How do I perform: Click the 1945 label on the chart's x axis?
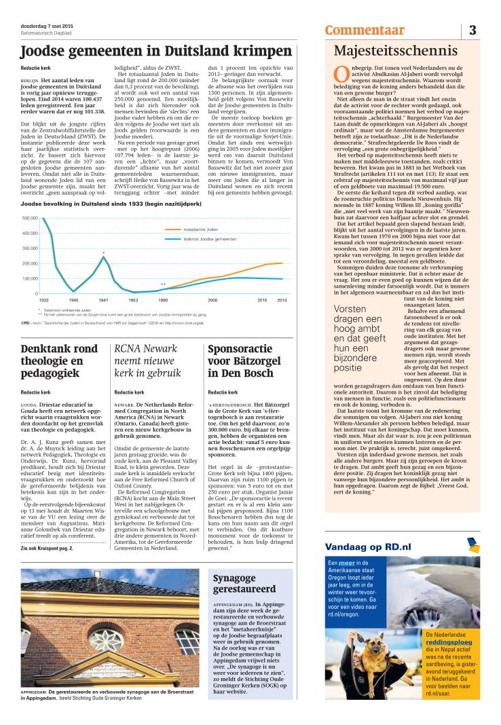pos(73,299)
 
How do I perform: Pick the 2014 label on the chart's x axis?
pos(282,299)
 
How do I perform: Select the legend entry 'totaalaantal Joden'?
pos(202,231)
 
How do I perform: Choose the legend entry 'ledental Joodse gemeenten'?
pos(210,240)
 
